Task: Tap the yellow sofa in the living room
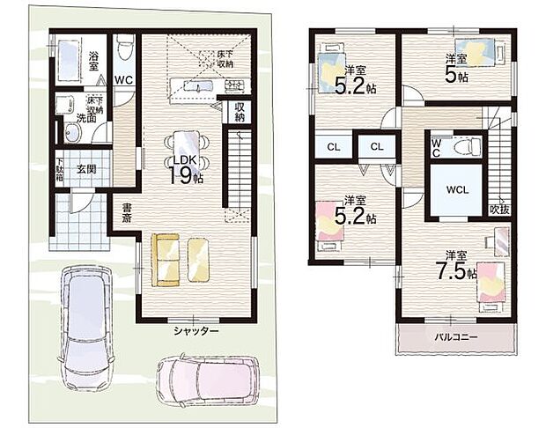click(181, 260)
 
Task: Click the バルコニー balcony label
click(454, 337)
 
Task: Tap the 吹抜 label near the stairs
click(499, 209)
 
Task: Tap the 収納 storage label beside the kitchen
click(239, 113)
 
